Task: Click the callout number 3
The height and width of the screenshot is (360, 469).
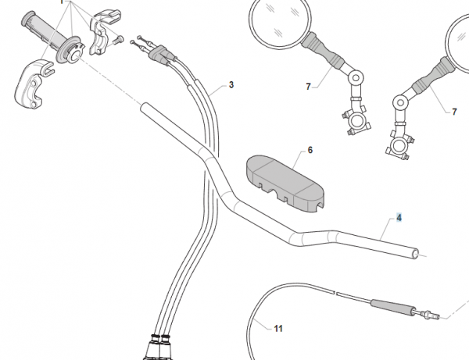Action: (x=231, y=85)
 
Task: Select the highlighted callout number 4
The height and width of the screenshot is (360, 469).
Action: (x=399, y=218)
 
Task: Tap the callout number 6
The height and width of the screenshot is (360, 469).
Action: (x=310, y=150)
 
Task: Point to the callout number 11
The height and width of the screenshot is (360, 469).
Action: (x=278, y=329)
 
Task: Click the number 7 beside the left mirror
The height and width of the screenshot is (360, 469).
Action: (x=309, y=87)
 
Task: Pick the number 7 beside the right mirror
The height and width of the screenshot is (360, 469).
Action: (x=454, y=112)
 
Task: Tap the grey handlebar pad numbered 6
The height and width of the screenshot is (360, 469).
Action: (x=285, y=184)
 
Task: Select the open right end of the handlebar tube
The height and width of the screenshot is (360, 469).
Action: (x=416, y=254)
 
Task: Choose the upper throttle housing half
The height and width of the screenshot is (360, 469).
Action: (x=105, y=32)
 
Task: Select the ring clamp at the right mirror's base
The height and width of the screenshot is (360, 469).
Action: (x=398, y=146)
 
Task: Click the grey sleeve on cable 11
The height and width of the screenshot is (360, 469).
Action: (x=392, y=307)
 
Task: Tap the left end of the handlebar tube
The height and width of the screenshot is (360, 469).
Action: (x=145, y=107)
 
